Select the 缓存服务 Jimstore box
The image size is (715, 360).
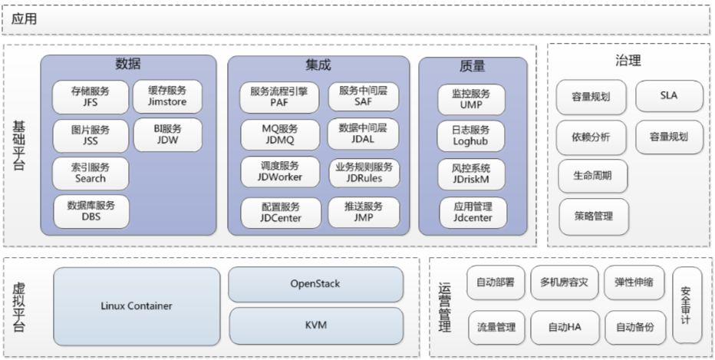click(x=167, y=96)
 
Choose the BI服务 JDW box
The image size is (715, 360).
click(x=167, y=134)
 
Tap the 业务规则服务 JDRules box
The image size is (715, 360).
click(x=364, y=173)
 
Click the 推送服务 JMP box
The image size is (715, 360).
click(x=364, y=212)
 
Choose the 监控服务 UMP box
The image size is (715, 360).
click(x=472, y=99)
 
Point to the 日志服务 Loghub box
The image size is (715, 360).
click(x=472, y=136)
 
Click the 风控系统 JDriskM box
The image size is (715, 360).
click(x=472, y=173)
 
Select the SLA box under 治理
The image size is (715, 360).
click(x=669, y=97)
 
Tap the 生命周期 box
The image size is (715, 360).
click(x=592, y=176)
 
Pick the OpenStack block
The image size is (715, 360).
click(x=315, y=284)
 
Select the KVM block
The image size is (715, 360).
click(x=315, y=325)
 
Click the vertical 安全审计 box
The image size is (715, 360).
click(x=686, y=305)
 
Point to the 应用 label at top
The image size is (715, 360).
click(x=25, y=18)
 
